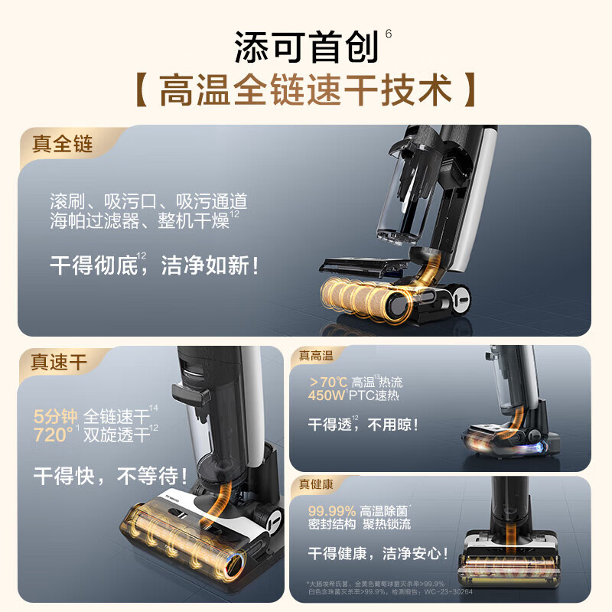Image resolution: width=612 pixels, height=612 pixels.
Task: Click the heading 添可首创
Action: click(306, 47)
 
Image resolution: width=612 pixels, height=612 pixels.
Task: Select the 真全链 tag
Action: click(62, 143)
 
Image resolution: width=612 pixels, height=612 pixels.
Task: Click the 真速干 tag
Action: click(60, 363)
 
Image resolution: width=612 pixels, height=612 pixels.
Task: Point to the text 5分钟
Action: click(56, 417)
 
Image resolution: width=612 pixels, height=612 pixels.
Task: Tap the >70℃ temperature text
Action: click(327, 382)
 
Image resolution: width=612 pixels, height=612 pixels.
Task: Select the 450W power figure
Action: click(327, 396)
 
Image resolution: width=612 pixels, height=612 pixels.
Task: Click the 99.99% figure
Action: click(332, 511)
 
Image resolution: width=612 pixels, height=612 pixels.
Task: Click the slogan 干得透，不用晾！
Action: click(363, 425)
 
